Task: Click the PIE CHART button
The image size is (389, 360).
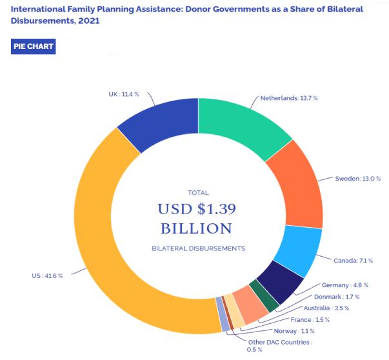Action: point(34,46)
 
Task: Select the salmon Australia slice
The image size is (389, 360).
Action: point(250,305)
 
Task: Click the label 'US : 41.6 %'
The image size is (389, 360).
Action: point(47,276)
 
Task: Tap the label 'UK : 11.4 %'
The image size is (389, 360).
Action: point(124,94)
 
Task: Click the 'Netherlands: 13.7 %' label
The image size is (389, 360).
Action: point(289,98)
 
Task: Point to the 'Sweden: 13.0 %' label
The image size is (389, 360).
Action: point(358,179)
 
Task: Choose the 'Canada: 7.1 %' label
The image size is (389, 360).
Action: point(354,261)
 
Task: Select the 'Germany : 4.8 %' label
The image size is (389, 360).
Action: point(345,285)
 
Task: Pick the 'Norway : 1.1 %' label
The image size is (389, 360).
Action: point(294,331)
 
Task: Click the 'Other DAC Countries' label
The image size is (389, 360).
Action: point(279,343)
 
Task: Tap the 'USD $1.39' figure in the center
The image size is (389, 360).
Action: point(197,209)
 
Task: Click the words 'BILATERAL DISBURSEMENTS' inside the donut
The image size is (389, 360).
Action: point(199,248)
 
